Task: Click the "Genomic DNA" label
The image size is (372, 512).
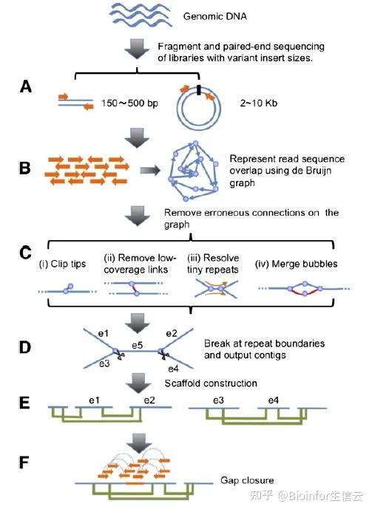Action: pos(214,16)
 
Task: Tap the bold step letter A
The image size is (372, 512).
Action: pos(26,87)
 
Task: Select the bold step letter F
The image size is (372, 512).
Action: pos(24,462)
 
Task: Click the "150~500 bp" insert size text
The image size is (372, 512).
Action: pos(129,103)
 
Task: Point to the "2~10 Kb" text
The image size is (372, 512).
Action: pos(259,103)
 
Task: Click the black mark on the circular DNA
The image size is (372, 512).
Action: pos(198,90)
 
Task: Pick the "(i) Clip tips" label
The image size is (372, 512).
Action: pos(62,264)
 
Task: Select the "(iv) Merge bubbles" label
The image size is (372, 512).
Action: pos(296,264)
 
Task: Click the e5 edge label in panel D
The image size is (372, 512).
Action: pos(138,345)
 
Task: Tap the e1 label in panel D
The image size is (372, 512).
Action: pos(103,333)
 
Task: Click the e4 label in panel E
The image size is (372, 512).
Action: pos(274,400)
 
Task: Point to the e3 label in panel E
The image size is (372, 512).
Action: pos(218,400)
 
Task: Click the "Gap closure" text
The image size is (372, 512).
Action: pos(247,480)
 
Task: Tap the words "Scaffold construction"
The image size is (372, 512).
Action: pos(211,383)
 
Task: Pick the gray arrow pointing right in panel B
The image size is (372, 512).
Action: pos(150,170)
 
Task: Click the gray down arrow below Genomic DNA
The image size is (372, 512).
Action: pos(137,49)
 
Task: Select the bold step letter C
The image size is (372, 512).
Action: pos(25,253)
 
